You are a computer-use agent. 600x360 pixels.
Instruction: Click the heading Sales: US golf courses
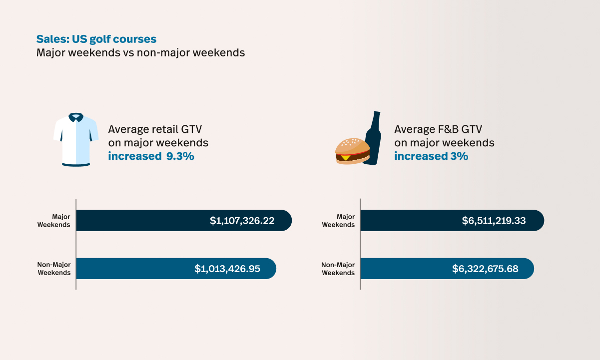coord(96,39)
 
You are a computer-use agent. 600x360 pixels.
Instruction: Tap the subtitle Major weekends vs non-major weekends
coord(140,52)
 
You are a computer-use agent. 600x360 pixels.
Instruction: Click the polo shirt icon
coord(76,140)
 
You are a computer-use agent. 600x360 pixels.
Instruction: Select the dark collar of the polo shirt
coord(76,117)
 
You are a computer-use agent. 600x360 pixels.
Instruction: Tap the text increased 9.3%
coord(151,156)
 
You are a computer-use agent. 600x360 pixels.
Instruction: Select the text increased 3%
coord(431,156)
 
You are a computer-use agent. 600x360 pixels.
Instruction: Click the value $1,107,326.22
coord(242,221)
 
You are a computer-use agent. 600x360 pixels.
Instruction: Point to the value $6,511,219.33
coord(494,221)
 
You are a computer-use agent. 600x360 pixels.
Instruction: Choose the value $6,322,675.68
coord(485,269)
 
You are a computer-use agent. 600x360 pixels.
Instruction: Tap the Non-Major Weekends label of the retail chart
coord(54,269)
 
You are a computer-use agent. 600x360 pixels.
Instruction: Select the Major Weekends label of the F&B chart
coord(338,221)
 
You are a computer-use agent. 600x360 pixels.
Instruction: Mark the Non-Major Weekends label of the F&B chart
coord(338,269)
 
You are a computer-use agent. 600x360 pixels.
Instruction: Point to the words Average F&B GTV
coord(438,129)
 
